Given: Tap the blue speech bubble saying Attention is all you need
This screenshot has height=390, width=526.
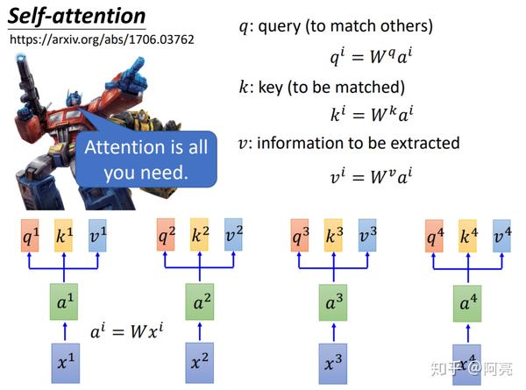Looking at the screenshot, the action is pos(146,160).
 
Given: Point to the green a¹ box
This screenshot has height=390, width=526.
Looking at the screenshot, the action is pos(62,303).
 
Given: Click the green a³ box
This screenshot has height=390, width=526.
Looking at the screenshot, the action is pos(333,303).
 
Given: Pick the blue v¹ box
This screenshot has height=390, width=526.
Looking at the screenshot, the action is pos(96,235).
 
